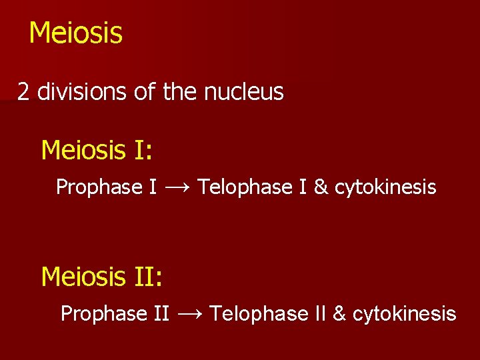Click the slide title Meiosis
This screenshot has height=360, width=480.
pyautogui.click(x=75, y=33)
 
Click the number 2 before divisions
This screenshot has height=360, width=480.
pyautogui.click(x=23, y=92)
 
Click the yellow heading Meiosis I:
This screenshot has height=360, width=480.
pyautogui.click(x=97, y=150)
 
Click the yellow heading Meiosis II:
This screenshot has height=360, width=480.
pyautogui.click(x=101, y=275)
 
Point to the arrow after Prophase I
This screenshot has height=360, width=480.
pyautogui.click(x=177, y=187)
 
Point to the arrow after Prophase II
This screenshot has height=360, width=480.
pyautogui.click(x=189, y=313)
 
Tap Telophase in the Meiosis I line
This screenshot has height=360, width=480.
pyautogui.click(x=241, y=187)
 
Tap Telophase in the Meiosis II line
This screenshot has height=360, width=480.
pyautogui.click(x=252, y=313)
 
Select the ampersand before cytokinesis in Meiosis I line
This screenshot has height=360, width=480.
pyautogui.click(x=320, y=187)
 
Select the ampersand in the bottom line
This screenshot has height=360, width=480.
pyautogui.click(x=339, y=313)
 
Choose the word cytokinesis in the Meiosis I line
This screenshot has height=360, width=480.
pyautogui.click(x=385, y=187)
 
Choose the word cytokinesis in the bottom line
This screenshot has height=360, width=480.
pyautogui.click(x=404, y=313)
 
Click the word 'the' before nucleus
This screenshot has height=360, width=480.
pyautogui.click(x=179, y=92)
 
